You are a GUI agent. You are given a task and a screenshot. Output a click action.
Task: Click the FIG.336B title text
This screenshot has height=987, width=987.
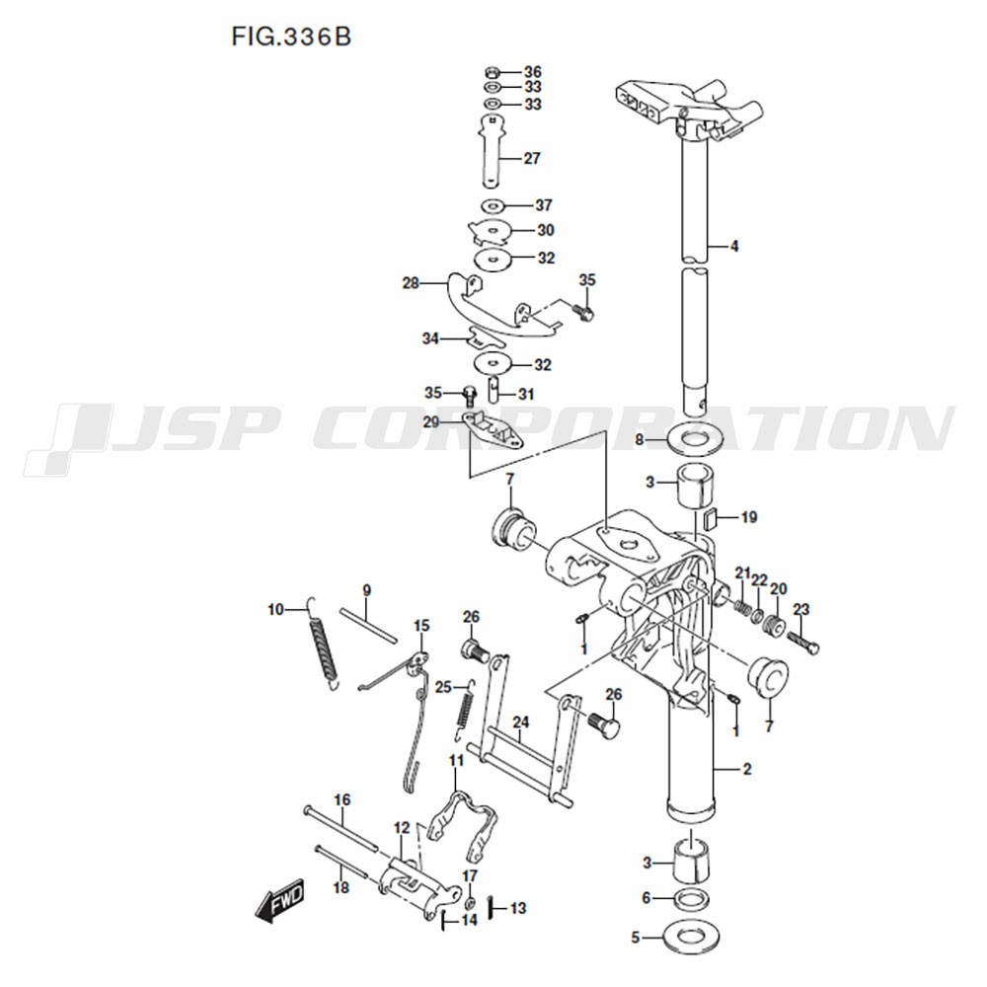tap(291, 37)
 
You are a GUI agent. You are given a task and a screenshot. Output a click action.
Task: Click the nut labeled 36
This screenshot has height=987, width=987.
tap(493, 71)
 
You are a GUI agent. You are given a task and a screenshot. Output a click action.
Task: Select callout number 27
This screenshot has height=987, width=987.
tap(532, 158)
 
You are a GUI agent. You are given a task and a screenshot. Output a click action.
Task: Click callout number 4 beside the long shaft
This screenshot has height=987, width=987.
tap(734, 246)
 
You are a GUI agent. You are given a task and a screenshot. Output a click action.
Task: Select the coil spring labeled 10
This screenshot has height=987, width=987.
tap(323, 644)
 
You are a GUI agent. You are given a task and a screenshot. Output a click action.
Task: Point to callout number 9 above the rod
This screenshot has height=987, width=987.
tap(366, 590)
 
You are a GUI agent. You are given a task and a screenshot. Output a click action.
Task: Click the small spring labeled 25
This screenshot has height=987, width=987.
tap(465, 712)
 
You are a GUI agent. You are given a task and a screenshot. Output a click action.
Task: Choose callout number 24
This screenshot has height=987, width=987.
tap(520, 722)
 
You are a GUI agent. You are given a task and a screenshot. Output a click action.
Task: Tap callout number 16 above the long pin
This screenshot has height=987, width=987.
tap(342, 800)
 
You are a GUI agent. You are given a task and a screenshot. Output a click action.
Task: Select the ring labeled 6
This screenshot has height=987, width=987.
tap(692, 899)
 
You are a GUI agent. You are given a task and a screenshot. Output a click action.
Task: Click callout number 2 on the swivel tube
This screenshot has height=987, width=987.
tap(747, 769)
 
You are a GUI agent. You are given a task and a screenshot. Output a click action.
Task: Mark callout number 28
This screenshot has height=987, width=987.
tap(411, 283)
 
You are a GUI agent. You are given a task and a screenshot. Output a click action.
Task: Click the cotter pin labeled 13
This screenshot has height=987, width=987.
tap(493, 907)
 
